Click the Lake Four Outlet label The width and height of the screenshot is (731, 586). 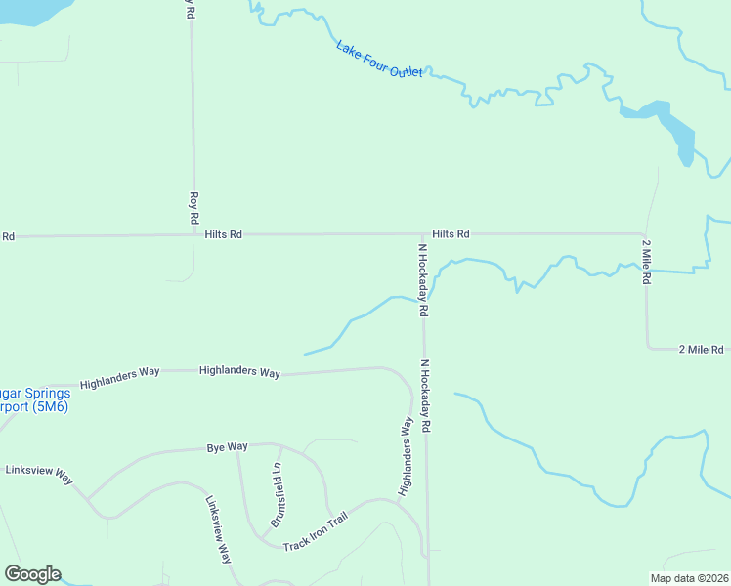point(379,61)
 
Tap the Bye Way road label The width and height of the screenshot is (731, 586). point(228,447)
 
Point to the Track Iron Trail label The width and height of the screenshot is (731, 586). point(315,532)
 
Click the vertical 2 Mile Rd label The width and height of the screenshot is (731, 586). point(646,261)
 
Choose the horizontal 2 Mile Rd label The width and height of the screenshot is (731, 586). point(701,349)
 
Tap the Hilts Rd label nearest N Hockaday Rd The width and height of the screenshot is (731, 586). point(451,234)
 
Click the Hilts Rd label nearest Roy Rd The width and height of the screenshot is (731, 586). point(224,235)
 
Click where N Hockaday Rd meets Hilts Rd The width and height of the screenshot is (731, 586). point(423,234)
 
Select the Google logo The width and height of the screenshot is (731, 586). point(32,574)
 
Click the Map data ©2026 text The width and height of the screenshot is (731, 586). point(689,578)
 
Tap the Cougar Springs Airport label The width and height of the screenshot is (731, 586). point(35,399)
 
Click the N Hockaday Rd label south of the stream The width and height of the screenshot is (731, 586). point(425,397)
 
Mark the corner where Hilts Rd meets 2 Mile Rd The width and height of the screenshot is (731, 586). point(642,234)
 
